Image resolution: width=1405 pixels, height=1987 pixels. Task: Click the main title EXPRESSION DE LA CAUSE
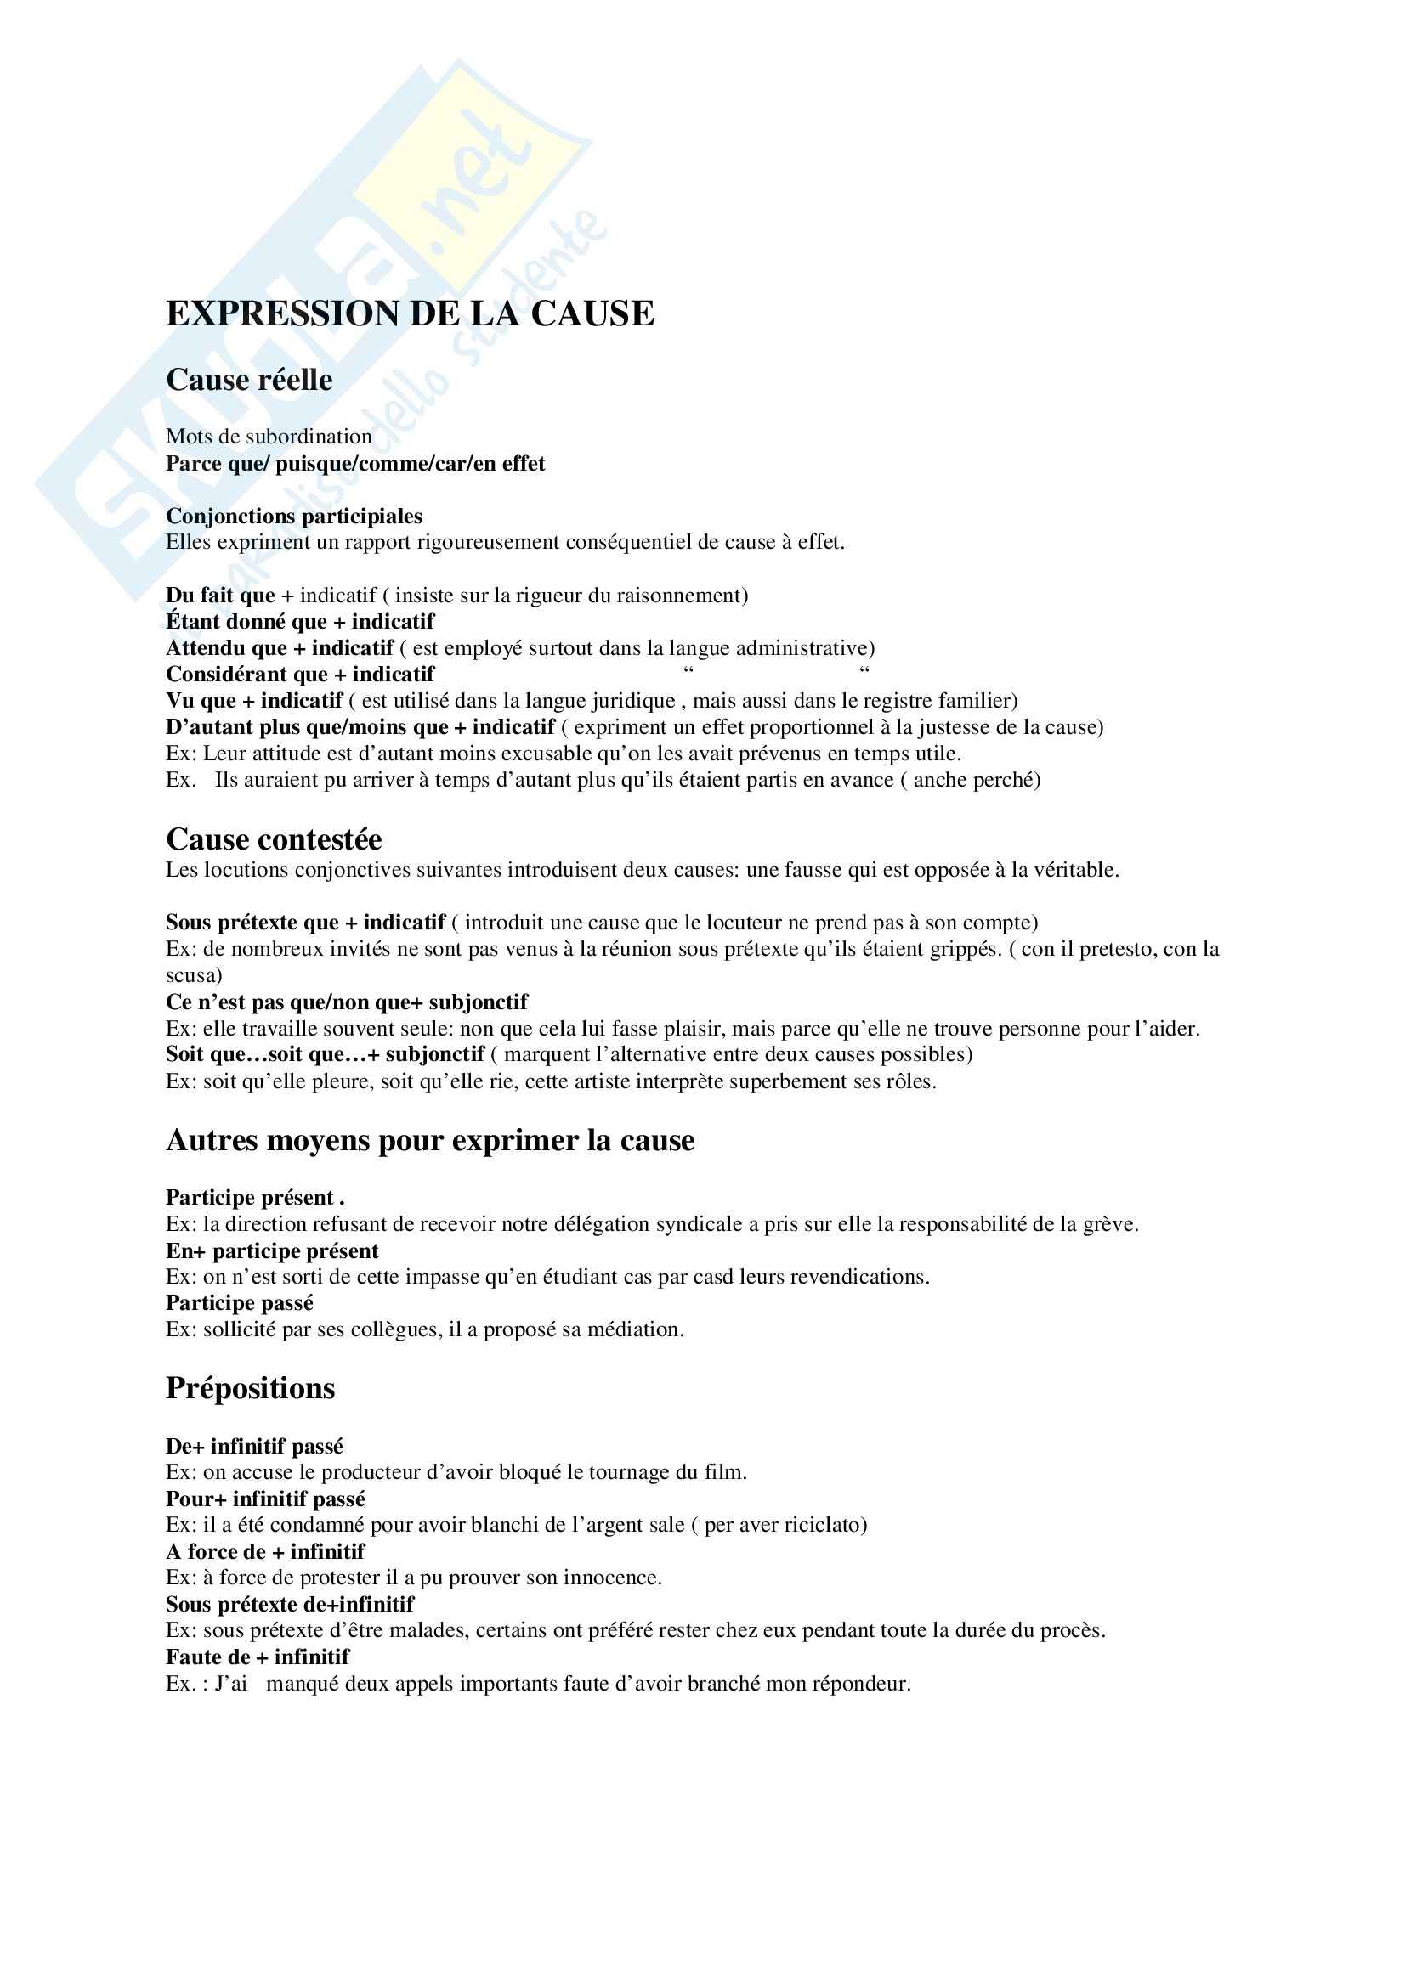[x=410, y=314]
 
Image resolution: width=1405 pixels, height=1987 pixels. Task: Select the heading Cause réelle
[x=249, y=380]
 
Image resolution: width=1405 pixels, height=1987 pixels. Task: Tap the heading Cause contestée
[x=274, y=839]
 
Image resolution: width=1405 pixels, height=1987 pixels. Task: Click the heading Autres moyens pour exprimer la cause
[x=429, y=1141]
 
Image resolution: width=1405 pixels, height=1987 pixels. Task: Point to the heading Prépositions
[x=250, y=1388]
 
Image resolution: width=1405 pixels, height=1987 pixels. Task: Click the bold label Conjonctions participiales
[x=294, y=517]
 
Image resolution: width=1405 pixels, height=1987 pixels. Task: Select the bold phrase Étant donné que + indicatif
[x=299, y=621]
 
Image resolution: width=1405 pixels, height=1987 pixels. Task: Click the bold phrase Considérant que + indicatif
[x=299, y=675]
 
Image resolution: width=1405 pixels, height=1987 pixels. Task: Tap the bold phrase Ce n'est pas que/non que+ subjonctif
[x=346, y=1002]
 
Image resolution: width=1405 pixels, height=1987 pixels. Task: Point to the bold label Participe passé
[x=239, y=1303]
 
